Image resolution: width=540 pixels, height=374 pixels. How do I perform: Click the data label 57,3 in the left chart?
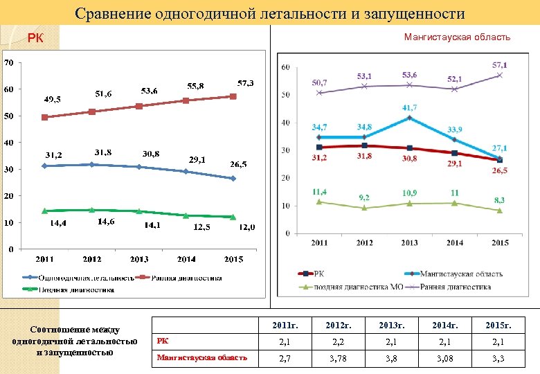[246, 82]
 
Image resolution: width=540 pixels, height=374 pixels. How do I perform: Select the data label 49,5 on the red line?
[53, 100]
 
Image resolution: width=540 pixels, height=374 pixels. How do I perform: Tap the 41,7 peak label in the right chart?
[410, 108]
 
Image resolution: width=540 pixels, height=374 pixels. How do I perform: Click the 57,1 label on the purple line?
[499, 64]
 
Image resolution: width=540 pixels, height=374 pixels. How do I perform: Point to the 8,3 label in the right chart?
[499, 200]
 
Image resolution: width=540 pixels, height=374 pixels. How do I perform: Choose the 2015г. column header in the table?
[503, 324]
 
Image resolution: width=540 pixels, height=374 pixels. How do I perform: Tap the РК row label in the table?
[161, 340]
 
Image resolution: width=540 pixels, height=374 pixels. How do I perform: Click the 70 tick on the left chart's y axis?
[8, 63]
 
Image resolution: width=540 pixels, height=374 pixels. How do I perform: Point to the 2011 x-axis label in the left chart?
[44, 259]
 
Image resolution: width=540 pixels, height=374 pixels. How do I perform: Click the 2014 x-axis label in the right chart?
[455, 243]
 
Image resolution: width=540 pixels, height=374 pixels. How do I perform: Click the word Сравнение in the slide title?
[115, 13]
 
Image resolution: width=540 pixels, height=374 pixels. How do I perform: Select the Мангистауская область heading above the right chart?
[457, 37]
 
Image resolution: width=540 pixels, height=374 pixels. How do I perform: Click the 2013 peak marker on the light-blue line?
[410, 118]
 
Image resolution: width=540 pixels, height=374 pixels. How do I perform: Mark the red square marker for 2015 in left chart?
[233, 96]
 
